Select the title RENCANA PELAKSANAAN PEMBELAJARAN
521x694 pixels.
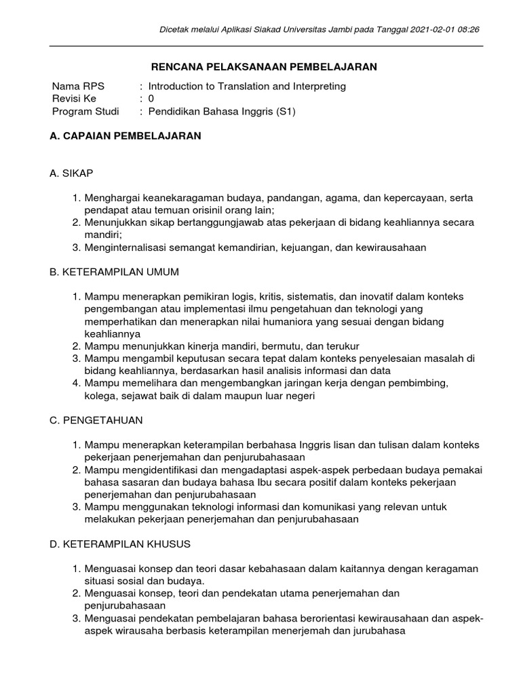263,66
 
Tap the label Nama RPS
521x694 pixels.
75,86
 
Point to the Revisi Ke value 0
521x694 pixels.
151,98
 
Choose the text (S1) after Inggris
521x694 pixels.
286,111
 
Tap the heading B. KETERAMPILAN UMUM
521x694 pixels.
115,272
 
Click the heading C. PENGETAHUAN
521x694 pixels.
96,420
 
